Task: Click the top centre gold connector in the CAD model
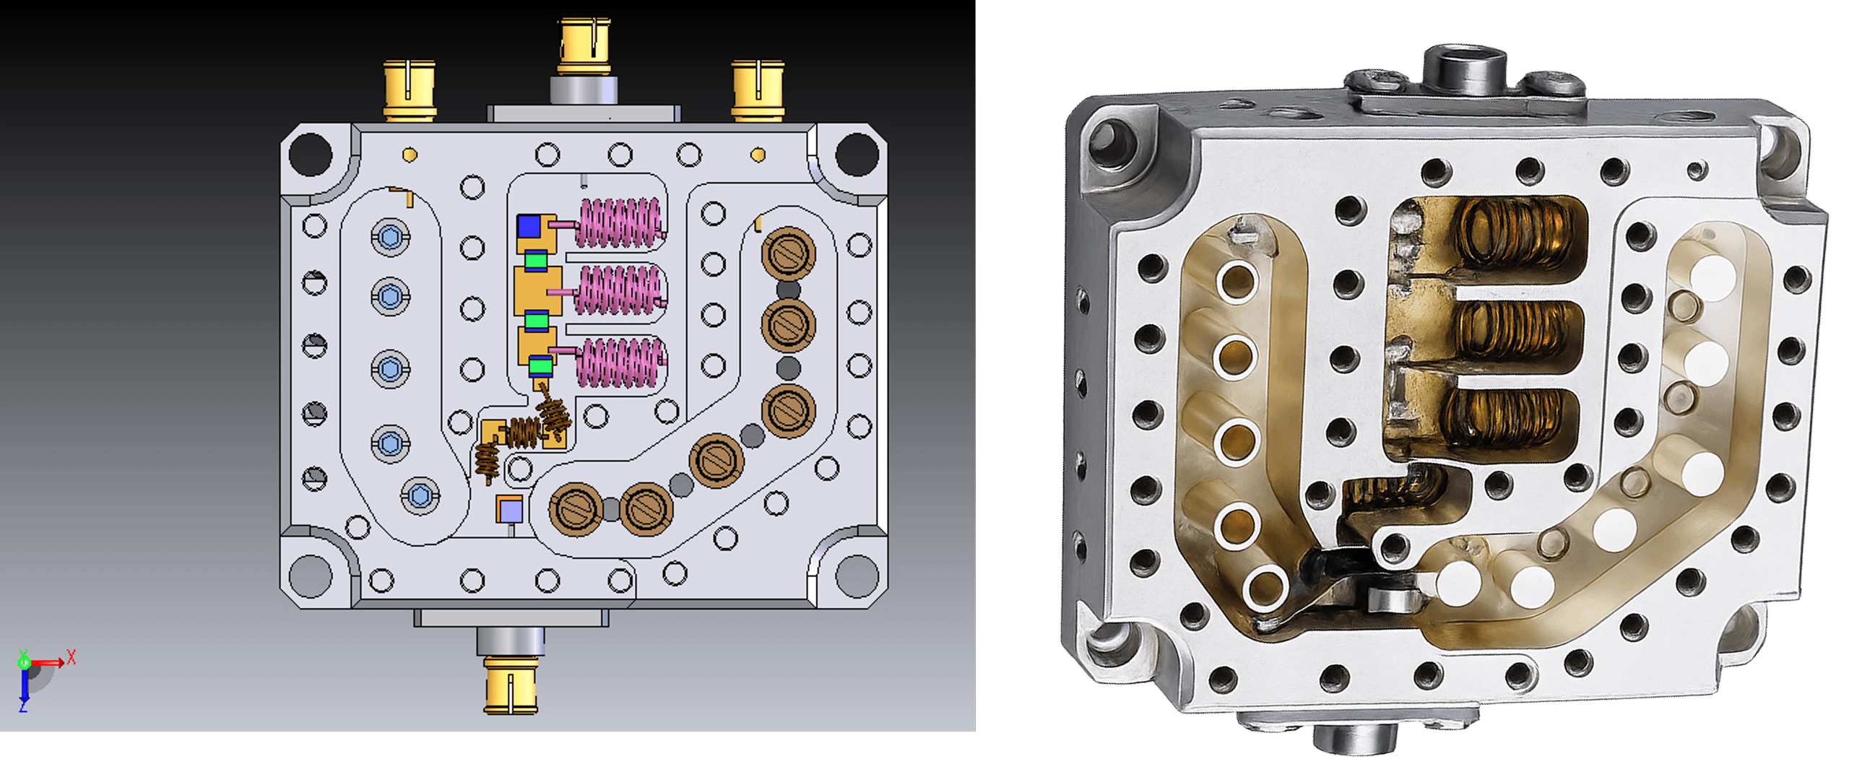coord(584,46)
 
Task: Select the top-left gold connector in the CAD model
coord(409,90)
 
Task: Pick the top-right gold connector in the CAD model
coord(758,90)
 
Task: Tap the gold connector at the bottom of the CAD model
coord(511,685)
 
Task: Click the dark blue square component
coord(529,226)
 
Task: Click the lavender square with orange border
coord(509,510)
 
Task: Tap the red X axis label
coord(71,657)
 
